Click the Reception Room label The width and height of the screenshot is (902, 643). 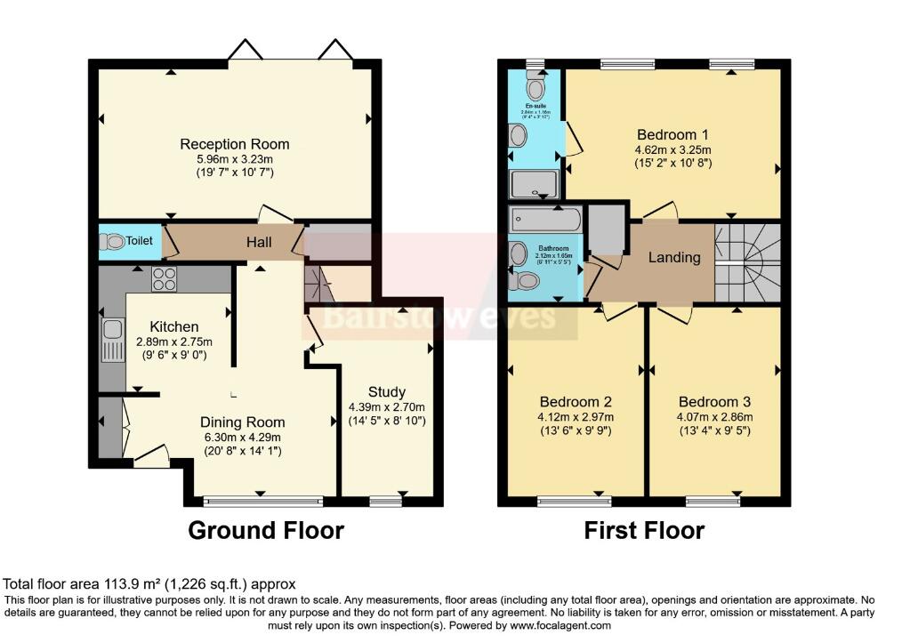click(x=235, y=144)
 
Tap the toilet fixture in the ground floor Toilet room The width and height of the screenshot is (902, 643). click(x=114, y=241)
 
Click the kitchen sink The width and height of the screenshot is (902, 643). click(x=112, y=341)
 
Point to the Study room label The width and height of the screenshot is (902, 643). click(x=386, y=391)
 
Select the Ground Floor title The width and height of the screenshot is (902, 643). click(x=266, y=531)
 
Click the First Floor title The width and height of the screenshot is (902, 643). click(x=644, y=531)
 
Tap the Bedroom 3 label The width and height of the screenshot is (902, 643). click(x=714, y=401)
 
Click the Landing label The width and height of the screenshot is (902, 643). click(x=674, y=258)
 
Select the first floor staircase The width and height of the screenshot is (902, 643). click(x=748, y=263)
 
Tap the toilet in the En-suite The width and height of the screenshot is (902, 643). click(x=535, y=87)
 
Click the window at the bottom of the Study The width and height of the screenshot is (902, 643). click(x=386, y=502)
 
